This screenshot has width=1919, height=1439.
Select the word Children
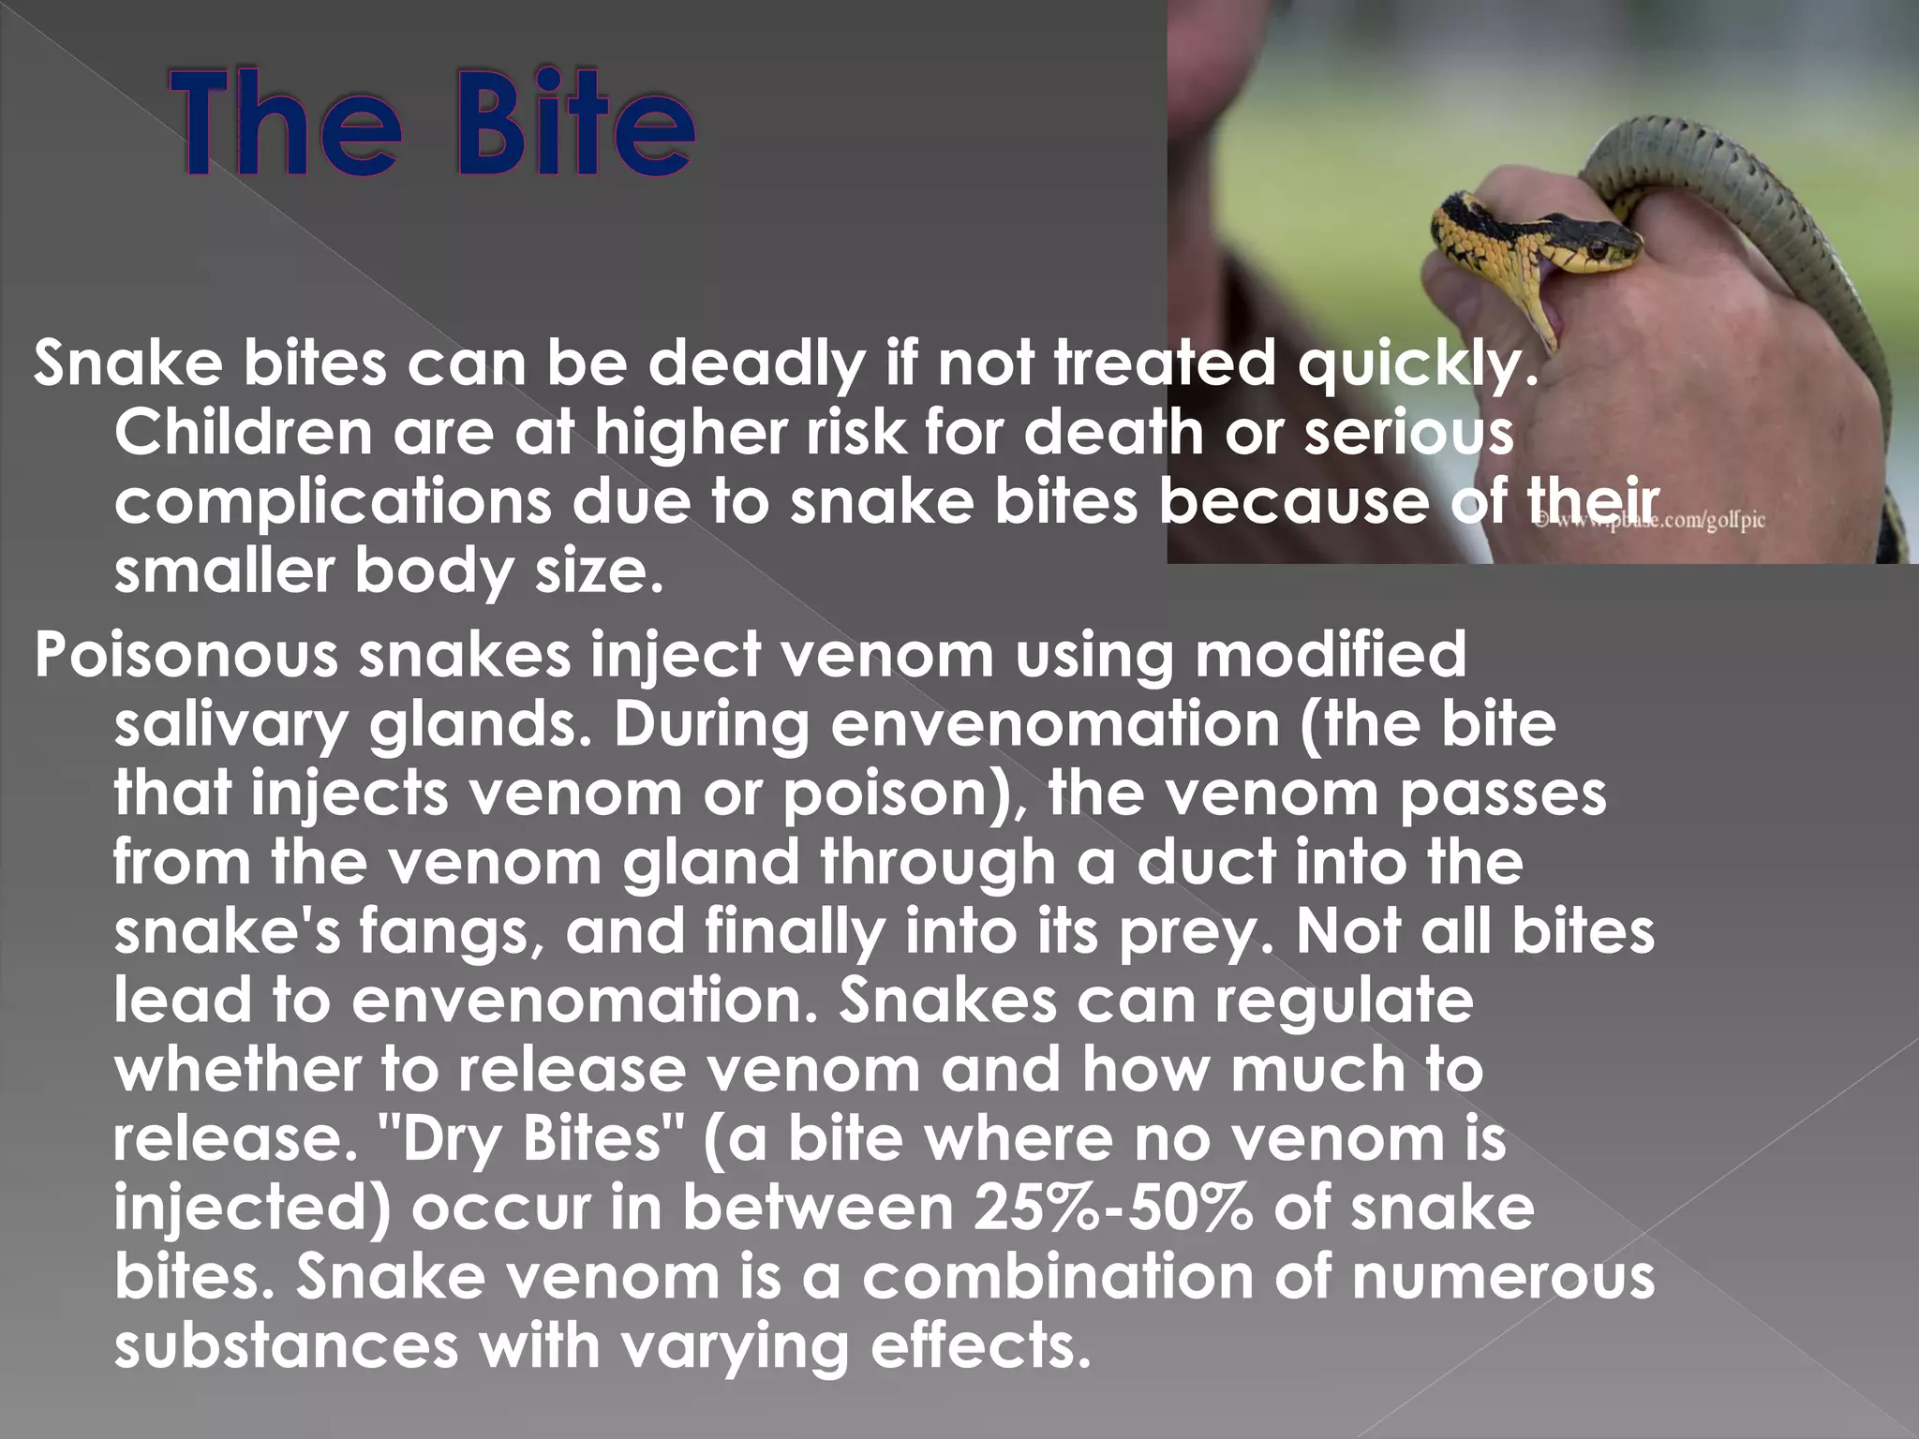coord(243,434)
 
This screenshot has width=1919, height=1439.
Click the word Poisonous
coord(186,655)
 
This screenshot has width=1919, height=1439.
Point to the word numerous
coord(1503,1277)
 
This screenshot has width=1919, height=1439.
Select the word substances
coord(287,1345)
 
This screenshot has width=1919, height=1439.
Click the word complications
coord(333,504)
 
